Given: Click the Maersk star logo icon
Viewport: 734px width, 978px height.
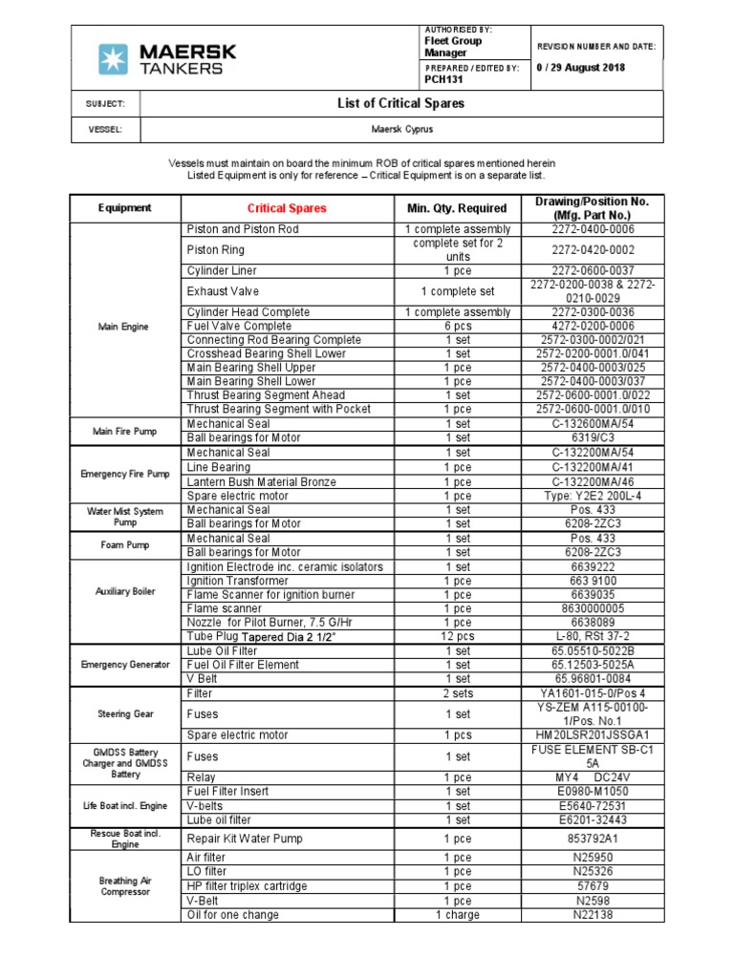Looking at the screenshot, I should pos(113,59).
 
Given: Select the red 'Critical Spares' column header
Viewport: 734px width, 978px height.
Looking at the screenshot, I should pos(287,207).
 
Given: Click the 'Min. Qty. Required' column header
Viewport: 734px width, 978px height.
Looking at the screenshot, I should pos(457,207).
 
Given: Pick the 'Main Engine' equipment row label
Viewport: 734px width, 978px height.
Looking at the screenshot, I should pos(123,327).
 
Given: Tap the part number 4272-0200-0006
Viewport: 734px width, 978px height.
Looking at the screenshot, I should pos(593,326).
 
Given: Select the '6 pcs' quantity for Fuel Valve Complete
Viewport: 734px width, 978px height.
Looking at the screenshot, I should pos(457,326).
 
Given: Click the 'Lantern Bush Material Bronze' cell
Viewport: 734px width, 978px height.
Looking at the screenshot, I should pos(262,482).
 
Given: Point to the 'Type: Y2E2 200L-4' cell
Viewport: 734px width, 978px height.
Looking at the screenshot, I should pos(593,497).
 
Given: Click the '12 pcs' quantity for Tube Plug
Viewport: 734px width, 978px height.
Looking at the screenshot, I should pos(457,636).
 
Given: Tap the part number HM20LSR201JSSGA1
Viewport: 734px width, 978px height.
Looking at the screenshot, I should pos(593,735).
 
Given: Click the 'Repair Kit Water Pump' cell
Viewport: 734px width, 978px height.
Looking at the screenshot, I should pos(245,839).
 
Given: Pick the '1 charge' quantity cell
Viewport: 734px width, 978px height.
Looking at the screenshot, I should pos(457,915).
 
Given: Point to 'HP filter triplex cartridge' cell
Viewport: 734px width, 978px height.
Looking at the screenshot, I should pos(247,886).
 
